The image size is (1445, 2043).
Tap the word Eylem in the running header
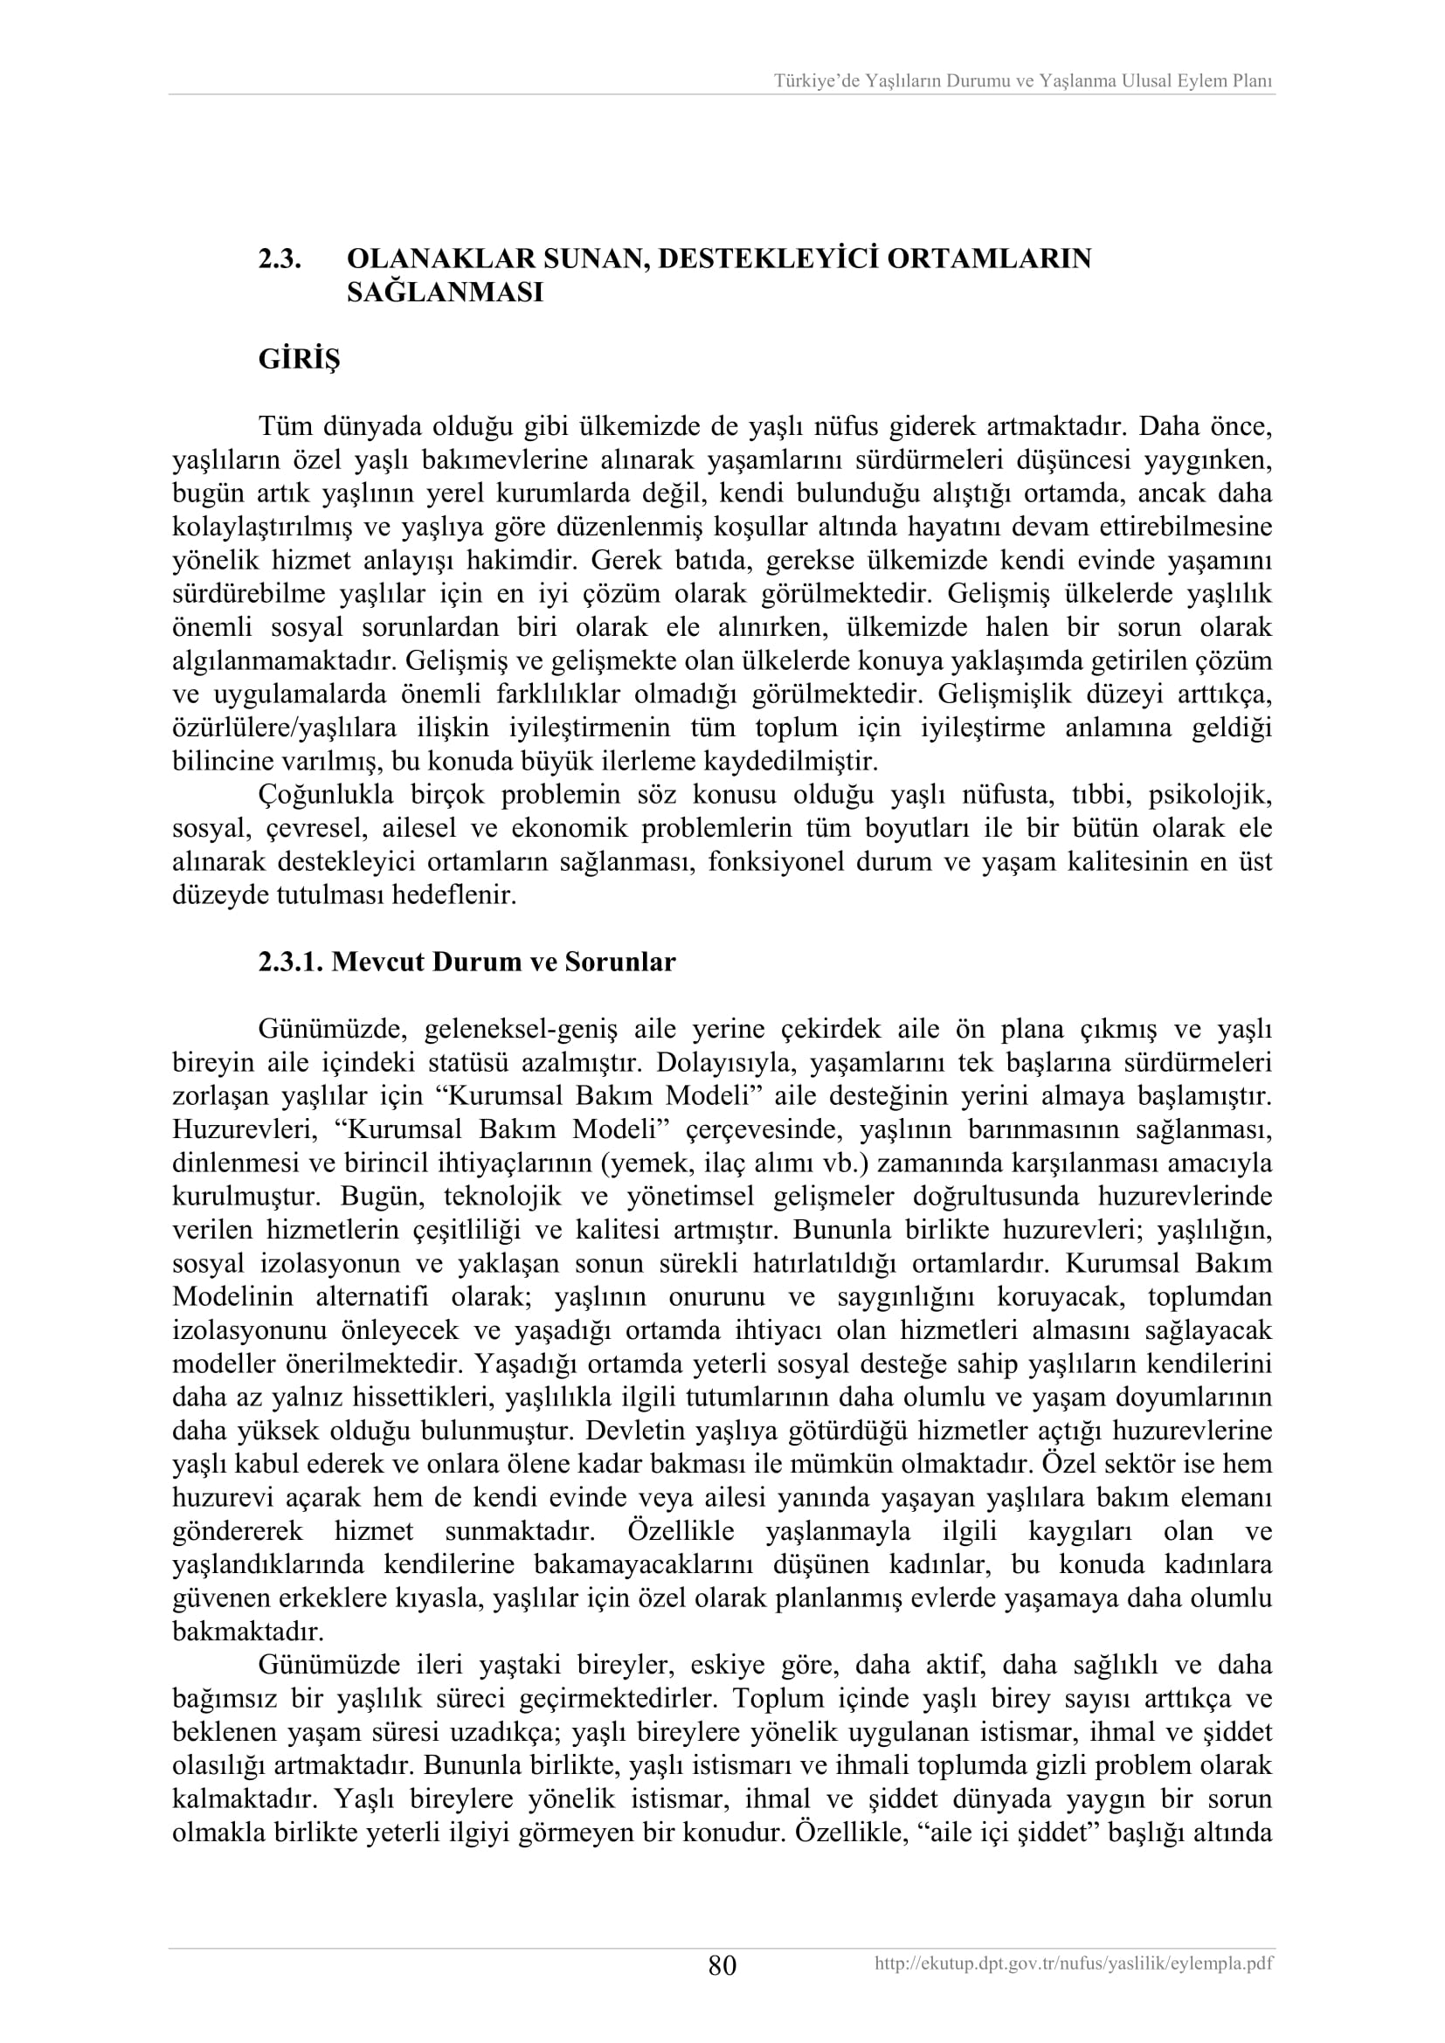[x=1197, y=81]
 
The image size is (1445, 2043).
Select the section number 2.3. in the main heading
[x=280, y=259]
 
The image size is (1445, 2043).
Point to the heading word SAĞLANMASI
[x=444, y=293]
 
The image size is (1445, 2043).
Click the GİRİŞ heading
[x=299, y=360]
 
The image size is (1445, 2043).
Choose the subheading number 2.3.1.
[x=290, y=962]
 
